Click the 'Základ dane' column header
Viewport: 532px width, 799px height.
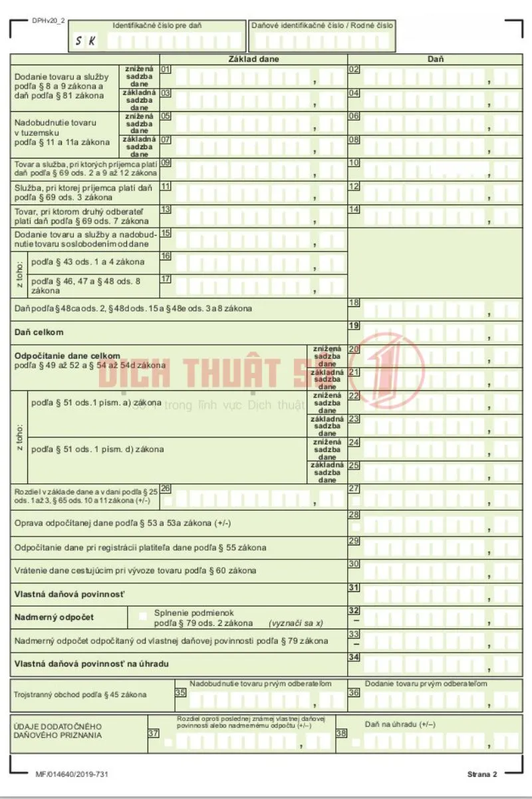coord(253,59)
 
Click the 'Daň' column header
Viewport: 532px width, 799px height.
coord(435,59)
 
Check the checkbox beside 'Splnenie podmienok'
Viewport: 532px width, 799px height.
coord(142,617)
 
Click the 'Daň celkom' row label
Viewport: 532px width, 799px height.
coord(39,332)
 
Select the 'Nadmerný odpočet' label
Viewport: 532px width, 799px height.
coord(54,617)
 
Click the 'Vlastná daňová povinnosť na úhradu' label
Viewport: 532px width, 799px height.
coord(92,664)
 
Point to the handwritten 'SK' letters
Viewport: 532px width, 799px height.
coord(84,41)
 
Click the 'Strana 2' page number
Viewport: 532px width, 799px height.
coord(482,774)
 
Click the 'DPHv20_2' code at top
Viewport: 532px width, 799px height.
coord(48,21)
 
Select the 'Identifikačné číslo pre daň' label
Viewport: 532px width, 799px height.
coord(157,25)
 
